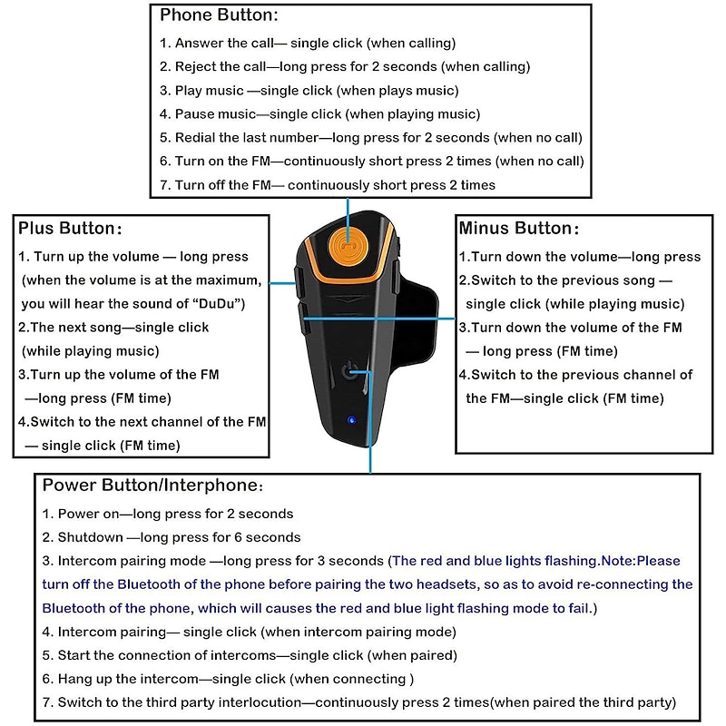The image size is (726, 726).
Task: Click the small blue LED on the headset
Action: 349,420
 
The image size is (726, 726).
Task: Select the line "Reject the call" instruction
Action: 345,66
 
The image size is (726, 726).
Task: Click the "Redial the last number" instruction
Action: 370,137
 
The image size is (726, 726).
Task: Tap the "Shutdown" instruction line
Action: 172,537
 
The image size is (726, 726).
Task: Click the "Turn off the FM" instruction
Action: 327,184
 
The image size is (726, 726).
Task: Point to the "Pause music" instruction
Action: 319,113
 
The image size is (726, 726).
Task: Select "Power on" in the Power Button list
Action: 168,514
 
